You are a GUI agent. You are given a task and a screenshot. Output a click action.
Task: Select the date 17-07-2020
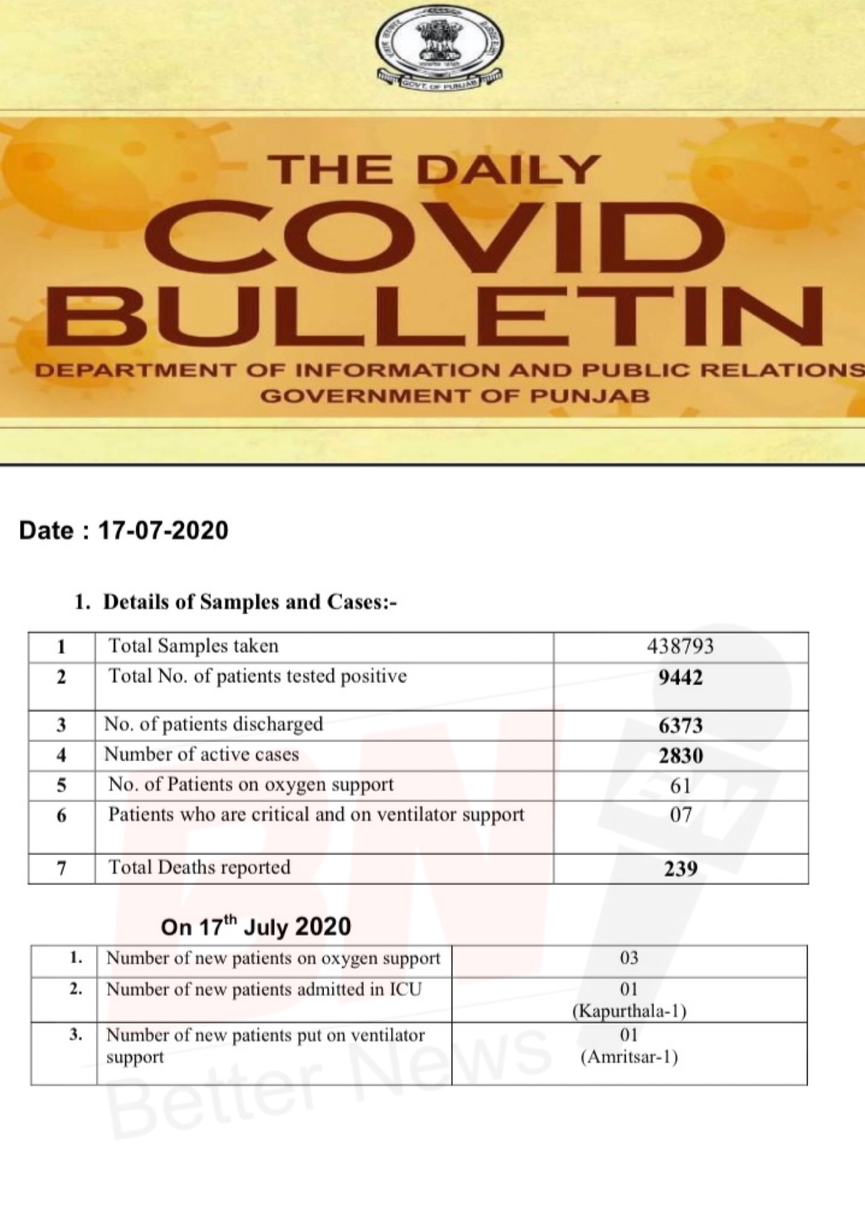pos(163,530)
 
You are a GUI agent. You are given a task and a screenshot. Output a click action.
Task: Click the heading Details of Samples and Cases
pos(250,602)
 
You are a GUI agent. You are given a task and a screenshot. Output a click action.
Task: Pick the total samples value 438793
pos(680,646)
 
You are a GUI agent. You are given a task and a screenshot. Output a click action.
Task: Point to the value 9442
pos(680,678)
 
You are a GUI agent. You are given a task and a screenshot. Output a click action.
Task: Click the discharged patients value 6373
pos(680,725)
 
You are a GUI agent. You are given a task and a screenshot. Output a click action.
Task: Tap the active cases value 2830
pos(680,756)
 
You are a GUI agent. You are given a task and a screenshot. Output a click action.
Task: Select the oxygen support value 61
pos(680,786)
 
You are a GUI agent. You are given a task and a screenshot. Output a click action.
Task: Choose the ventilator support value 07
pos(680,815)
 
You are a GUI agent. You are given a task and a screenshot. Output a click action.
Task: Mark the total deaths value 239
pos(680,869)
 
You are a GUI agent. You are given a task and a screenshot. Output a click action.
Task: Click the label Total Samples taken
pos(194,646)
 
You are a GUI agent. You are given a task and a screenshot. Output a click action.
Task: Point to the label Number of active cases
pos(201,754)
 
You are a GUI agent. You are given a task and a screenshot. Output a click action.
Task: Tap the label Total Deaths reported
pos(199,867)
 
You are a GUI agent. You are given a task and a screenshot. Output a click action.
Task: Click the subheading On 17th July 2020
pos(255,926)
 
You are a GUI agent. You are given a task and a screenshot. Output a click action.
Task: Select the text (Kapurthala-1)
pos(629,1011)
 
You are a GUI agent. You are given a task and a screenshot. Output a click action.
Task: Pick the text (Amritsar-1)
pos(629,1057)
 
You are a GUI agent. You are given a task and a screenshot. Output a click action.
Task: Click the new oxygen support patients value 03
pos(628,958)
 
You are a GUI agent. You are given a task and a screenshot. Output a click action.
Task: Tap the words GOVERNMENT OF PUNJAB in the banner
pos(455,396)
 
